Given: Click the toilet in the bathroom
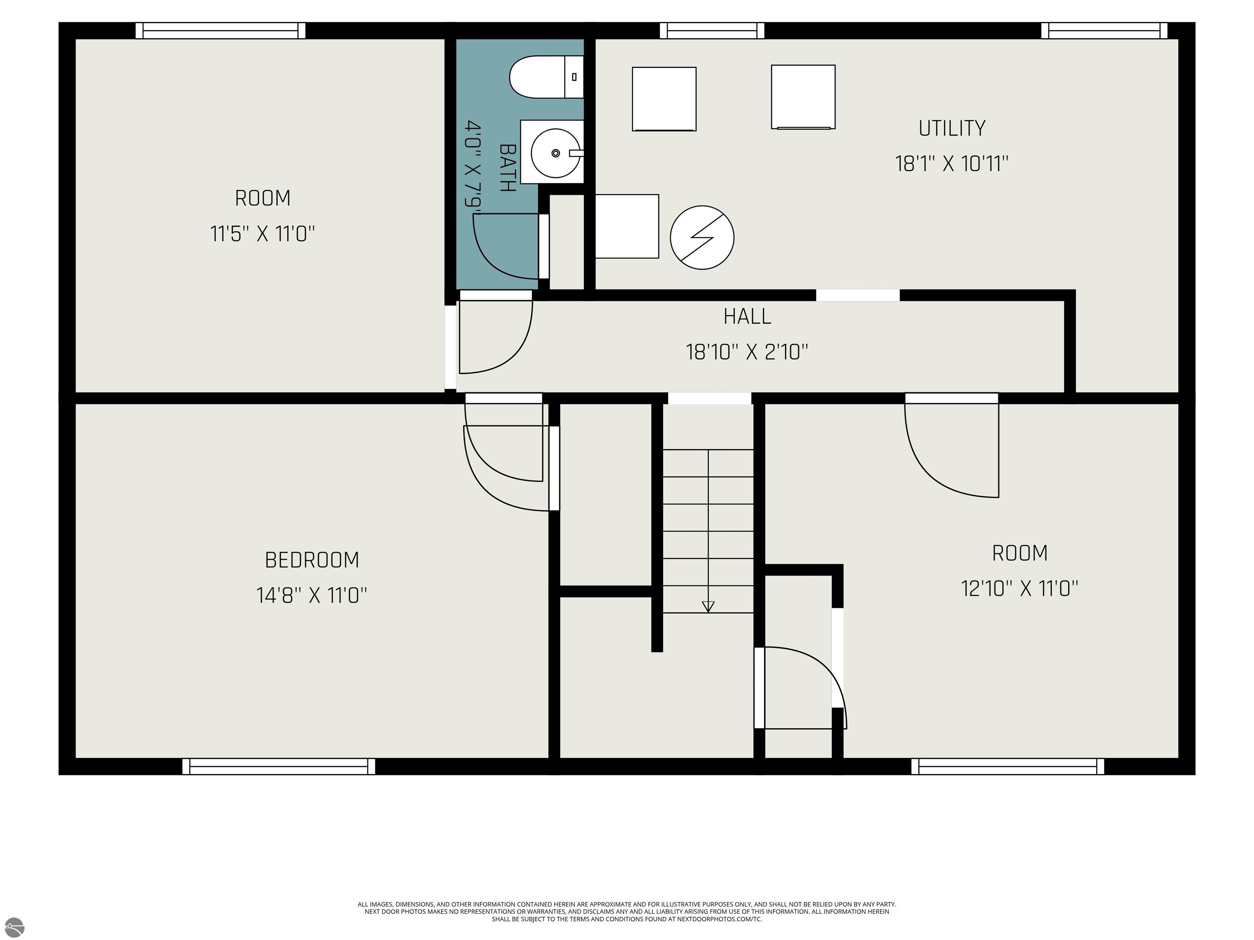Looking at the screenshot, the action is [547, 76].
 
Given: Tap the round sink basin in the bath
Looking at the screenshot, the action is [556, 153].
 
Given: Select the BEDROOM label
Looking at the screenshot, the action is [312, 560].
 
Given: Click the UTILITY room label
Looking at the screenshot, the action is [952, 128].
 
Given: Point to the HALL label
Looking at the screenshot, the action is [747, 316].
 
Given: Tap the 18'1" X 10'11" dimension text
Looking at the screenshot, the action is [952, 164].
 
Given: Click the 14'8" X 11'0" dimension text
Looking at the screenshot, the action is [312, 596].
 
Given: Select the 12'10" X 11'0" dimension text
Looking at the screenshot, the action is [1019, 588].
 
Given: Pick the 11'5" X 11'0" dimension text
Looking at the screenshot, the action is [262, 233].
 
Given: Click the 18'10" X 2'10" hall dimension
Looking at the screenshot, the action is [747, 352].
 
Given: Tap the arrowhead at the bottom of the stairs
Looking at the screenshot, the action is [708, 607].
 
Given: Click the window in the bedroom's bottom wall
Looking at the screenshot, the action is [279, 766].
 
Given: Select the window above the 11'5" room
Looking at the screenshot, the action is [220, 31].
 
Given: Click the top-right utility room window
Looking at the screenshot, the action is [1104, 31].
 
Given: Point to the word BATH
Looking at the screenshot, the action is [507, 168].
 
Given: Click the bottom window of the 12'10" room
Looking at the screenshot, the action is [1008, 766].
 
